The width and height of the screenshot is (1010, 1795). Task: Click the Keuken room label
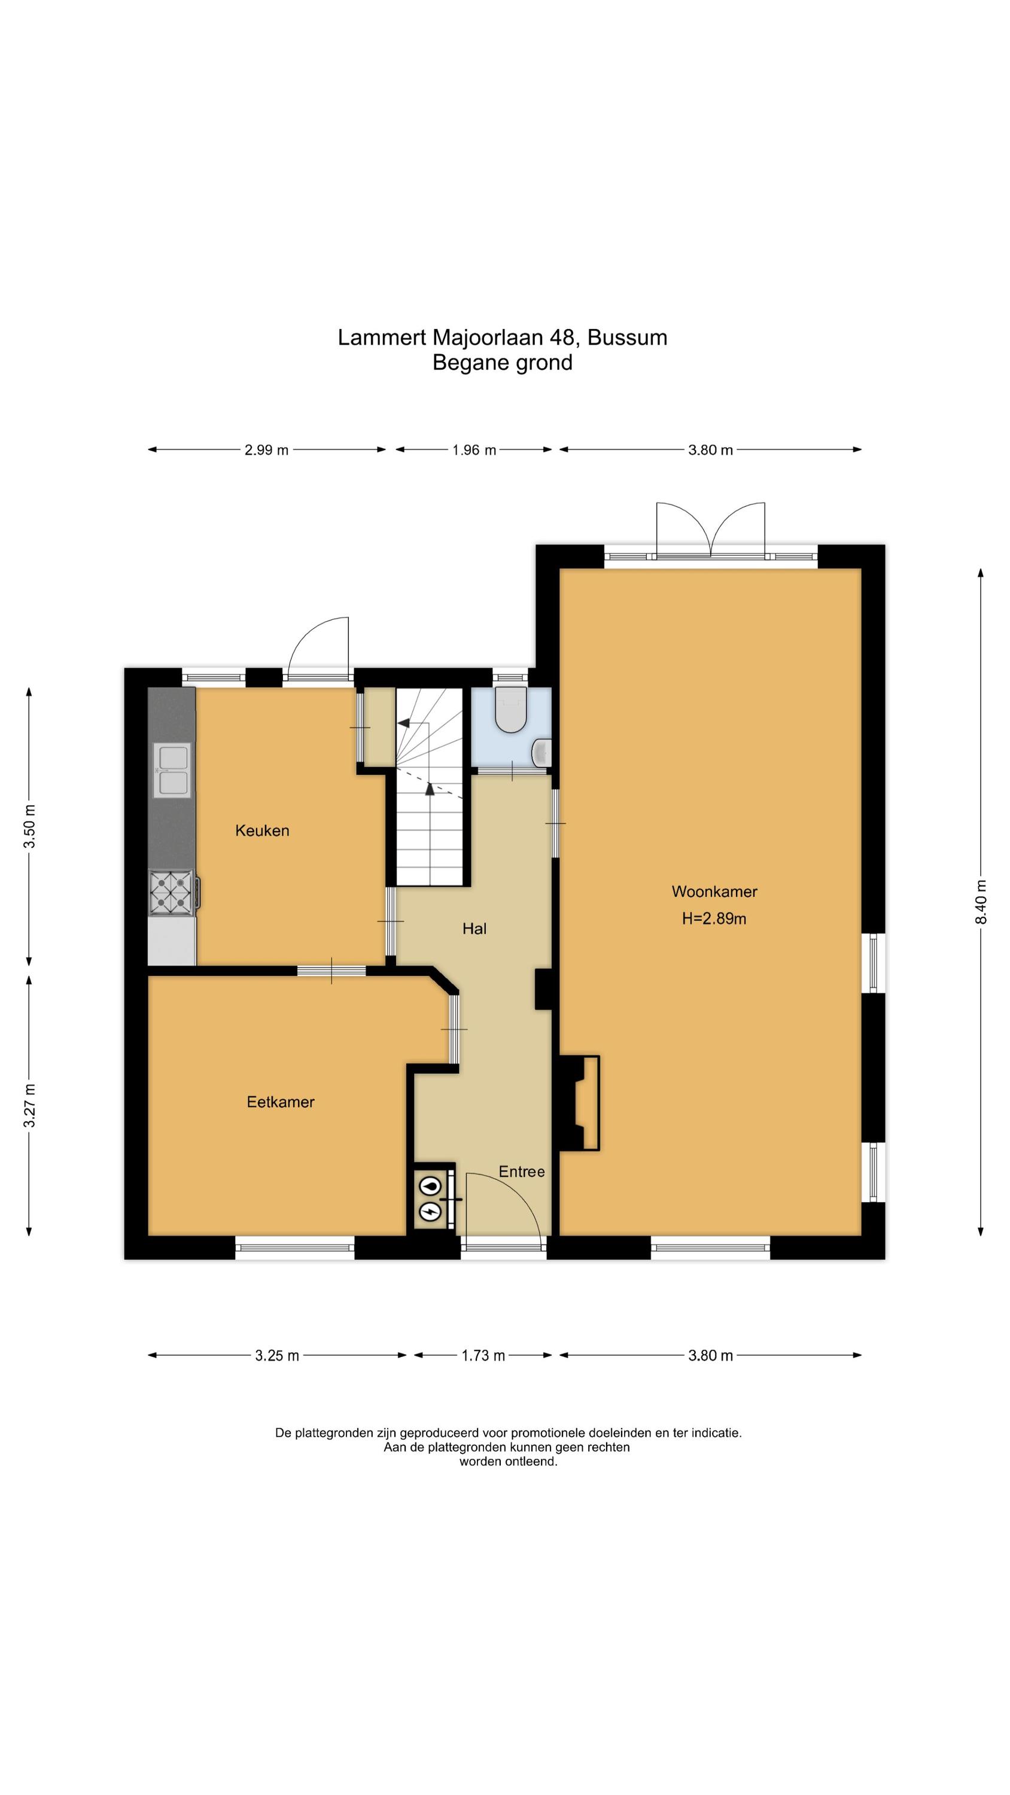(x=262, y=830)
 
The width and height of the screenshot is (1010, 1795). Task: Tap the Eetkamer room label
(x=280, y=1102)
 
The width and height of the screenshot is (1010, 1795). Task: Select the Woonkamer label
(x=714, y=892)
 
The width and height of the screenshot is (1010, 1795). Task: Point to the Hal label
(x=474, y=928)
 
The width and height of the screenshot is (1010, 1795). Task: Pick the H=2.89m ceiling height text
(x=714, y=918)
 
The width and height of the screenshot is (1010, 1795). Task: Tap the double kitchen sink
(x=172, y=770)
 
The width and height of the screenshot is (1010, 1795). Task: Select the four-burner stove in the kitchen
(x=172, y=892)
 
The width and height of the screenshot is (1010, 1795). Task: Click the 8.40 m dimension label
(x=981, y=902)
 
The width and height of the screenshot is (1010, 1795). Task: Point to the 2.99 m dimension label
(x=266, y=450)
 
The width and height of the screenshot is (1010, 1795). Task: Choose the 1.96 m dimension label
(x=474, y=450)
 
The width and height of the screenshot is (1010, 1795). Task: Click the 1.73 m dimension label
(x=483, y=1355)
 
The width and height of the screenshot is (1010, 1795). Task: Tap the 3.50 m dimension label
(x=29, y=826)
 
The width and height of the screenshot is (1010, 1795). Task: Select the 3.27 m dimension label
(x=29, y=1105)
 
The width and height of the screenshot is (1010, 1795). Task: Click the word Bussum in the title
(x=627, y=337)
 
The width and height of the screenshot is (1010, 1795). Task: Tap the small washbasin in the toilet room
(x=541, y=753)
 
